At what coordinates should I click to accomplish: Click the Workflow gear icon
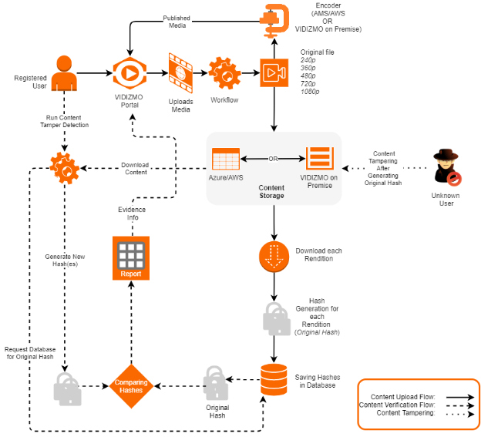point(224,73)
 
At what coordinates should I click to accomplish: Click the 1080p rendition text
point(310,92)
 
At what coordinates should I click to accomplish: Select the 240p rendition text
point(307,59)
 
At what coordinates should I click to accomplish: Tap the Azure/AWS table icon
point(225,159)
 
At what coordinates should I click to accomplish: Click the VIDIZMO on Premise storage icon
point(318,158)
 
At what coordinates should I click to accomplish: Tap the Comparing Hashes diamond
point(131,386)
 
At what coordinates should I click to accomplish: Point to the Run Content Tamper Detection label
point(65,121)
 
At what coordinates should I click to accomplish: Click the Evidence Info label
point(132,213)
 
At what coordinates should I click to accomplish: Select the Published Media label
point(177,22)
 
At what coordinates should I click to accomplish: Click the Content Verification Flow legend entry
point(397,405)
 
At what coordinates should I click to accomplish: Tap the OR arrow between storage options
point(272,160)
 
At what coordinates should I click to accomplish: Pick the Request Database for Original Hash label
point(30,353)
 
